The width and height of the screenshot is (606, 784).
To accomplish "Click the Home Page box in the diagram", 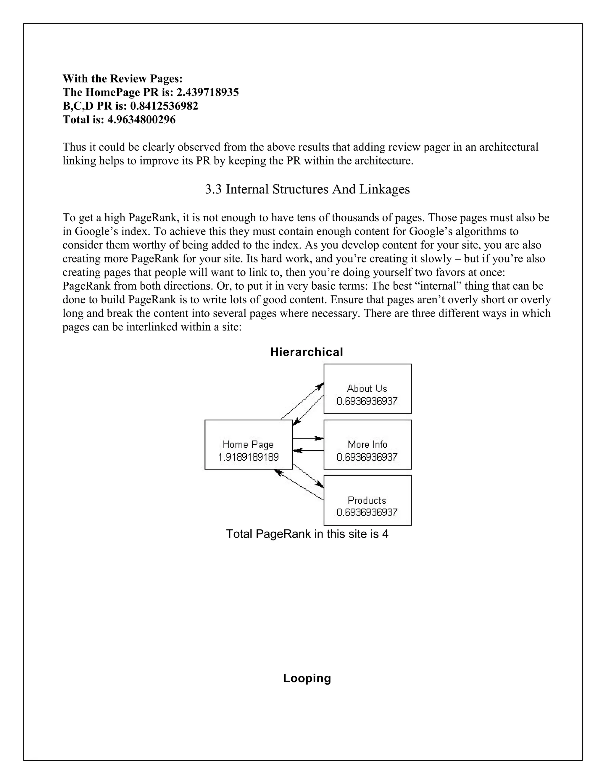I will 249,444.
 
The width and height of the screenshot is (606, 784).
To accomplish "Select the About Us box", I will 367,388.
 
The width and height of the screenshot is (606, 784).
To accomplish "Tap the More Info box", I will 367,444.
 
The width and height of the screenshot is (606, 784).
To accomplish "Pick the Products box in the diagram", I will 367,500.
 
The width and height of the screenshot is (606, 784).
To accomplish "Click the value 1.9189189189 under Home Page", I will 249,457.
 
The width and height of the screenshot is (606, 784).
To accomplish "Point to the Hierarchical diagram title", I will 307,352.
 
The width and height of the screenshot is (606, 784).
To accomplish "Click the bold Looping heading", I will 307,678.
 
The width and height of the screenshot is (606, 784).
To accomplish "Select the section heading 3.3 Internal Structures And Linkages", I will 307,189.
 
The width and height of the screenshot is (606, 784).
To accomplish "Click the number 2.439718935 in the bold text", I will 207,93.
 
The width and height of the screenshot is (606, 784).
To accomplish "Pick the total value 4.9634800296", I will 141,120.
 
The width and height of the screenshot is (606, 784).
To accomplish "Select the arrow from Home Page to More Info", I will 308,438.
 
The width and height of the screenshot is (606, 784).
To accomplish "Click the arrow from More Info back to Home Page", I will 308,451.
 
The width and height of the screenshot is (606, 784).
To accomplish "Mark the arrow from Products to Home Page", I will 299,485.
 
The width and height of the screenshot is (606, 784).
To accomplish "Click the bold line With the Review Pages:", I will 123,79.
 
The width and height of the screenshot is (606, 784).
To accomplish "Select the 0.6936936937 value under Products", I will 367,512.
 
